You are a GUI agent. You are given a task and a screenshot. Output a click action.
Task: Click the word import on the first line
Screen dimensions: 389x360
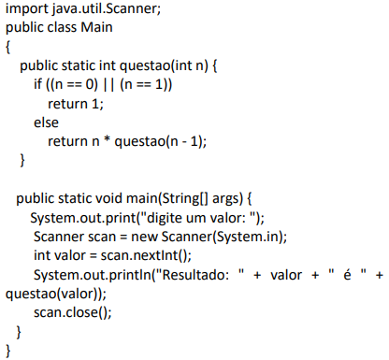[x=26, y=9]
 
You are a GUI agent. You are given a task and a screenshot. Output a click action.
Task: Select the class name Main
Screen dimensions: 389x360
[x=96, y=27]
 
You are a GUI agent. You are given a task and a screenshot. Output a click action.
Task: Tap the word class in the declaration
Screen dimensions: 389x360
[x=62, y=27]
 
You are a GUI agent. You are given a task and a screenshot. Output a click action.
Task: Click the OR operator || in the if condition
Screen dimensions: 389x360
[x=108, y=84]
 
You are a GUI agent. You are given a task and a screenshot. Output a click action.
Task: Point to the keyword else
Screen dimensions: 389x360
[x=46, y=122]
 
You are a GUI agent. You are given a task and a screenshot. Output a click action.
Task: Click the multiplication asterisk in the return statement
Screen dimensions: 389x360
[x=107, y=140]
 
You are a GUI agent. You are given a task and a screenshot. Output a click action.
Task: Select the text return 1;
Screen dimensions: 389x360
[x=76, y=104]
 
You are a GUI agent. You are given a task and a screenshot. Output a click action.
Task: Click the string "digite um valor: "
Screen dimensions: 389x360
[x=198, y=218]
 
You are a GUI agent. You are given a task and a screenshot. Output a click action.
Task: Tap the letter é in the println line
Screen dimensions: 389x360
[x=347, y=275]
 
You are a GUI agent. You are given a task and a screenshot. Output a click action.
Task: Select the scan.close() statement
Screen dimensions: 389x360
[x=73, y=312]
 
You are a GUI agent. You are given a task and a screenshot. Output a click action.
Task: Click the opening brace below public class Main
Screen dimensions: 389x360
[x=8, y=48]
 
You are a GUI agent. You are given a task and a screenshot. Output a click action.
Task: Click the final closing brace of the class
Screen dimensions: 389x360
[x=8, y=351]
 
